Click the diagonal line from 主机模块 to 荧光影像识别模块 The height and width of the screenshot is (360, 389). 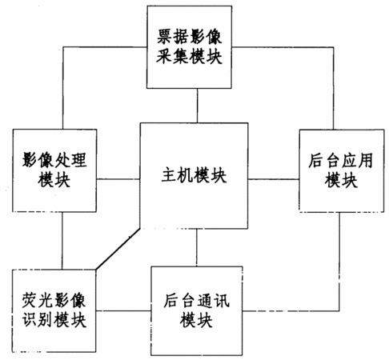pyautogui.click(x=118, y=249)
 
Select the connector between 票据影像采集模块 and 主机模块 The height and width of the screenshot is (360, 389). pyautogui.click(x=198, y=106)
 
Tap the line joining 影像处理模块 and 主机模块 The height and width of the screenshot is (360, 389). pyautogui.click(x=118, y=179)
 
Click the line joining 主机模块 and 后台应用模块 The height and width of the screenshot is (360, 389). pyautogui.click(x=274, y=179)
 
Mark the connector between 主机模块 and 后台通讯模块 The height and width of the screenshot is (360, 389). pyautogui.click(x=197, y=247)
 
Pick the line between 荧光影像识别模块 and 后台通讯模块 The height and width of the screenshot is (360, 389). pyautogui.click(x=123, y=310)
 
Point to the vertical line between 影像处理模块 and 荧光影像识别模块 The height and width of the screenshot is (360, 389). pyautogui.click(x=62, y=241)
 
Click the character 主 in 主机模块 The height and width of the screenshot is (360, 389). pyautogui.click(x=169, y=175)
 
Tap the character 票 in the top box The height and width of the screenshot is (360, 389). pyautogui.click(x=164, y=37)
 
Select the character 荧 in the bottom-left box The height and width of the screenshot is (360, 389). pyautogui.click(x=30, y=300)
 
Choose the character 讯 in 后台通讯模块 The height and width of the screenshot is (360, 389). pyautogui.click(x=221, y=301)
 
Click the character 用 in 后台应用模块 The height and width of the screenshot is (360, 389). pyautogui.click(x=366, y=160)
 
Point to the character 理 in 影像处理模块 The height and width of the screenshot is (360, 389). pyautogui.click(x=78, y=160)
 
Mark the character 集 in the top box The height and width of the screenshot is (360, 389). pyautogui.click(x=181, y=57)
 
